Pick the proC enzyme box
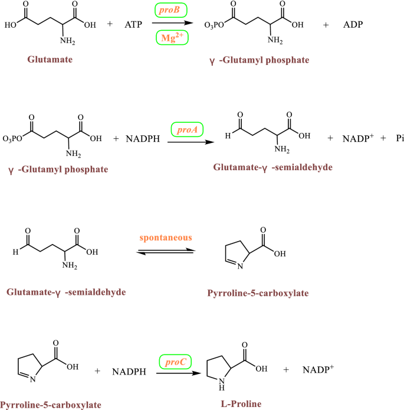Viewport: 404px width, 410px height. tap(175, 361)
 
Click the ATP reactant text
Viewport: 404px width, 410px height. tap(134, 25)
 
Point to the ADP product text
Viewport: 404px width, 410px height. tap(353, 25)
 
